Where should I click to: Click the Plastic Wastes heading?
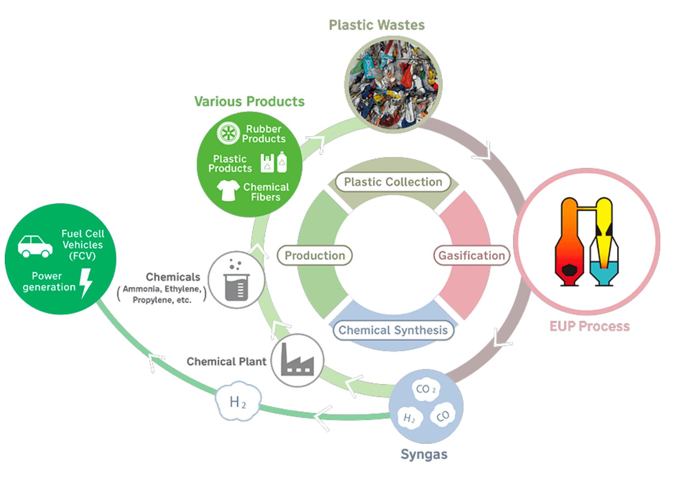click(377, 25)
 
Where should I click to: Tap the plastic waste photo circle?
click(393, 84)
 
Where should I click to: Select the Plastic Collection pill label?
click(393, 182)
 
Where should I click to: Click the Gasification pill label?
click(471, 256)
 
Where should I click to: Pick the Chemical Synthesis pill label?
click(393, 330)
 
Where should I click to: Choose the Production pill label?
click(315, 256)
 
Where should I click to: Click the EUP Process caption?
click(589, 326)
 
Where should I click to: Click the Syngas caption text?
click(424, 454)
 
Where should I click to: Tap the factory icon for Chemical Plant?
click(297, 360)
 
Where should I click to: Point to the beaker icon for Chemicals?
click(236, 280)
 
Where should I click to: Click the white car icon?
click(35, 246)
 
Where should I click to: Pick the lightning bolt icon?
click(86, 283)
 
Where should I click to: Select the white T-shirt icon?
click(228, 190)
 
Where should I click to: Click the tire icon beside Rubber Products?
click(229, 133)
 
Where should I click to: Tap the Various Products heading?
click(249, 102)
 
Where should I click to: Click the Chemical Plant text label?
click(226, 362)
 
